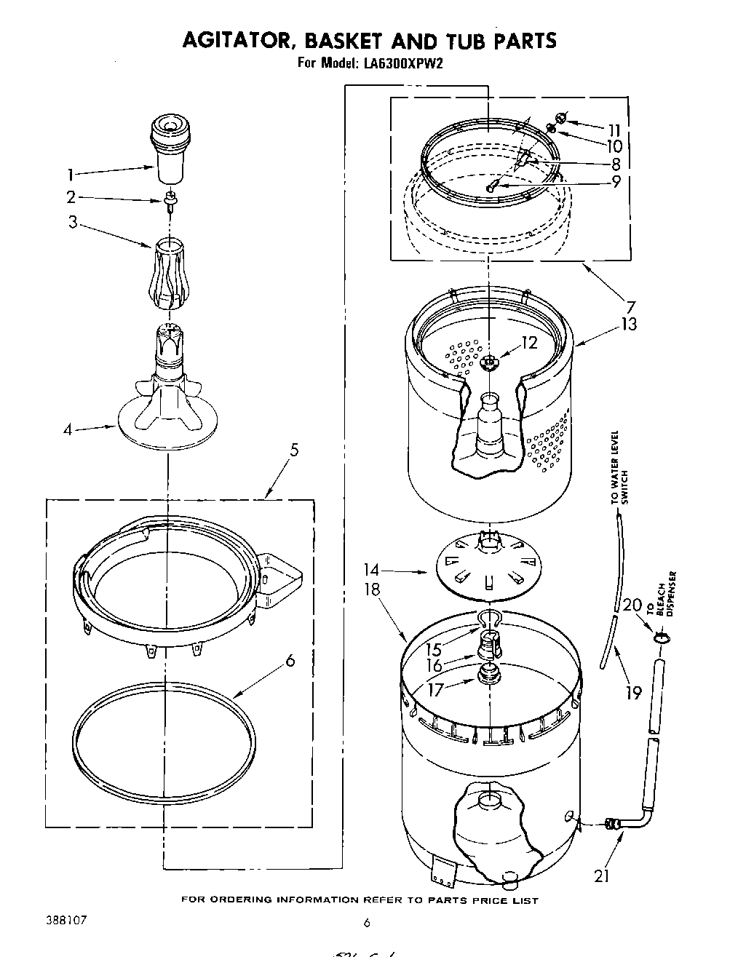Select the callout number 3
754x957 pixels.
(x=73, y=222)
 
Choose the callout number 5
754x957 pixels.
(x=294, y=450)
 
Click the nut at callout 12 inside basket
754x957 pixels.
(x=491, y=360)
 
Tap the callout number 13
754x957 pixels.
(x=627, y=323)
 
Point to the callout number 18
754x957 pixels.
(x=373, y=589)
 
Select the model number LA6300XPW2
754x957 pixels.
(x=399, y=63)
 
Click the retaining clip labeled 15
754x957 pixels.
(x=491, y=619)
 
